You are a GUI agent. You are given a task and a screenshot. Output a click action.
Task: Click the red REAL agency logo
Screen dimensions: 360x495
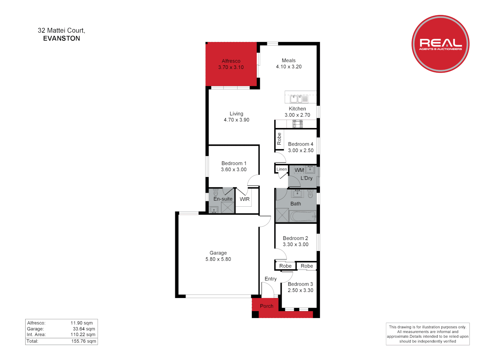click(x=440, y=44)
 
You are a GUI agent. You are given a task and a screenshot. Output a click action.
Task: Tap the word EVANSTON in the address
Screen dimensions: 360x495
click(x=62, y=38)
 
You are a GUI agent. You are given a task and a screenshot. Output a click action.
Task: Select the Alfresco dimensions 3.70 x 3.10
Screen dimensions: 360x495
click(x=231, y=67)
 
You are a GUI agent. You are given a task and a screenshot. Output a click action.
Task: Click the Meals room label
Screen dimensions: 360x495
click(x=289, y=60)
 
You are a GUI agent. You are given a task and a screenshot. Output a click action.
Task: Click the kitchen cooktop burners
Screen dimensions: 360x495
click(x=298, y=124)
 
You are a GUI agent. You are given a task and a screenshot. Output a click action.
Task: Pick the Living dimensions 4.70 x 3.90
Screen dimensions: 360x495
click(x=236, y=120)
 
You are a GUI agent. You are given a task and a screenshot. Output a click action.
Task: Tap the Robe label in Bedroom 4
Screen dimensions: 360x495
click(x=279, y=139)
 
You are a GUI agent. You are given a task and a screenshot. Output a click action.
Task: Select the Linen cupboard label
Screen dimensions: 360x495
click(x=282, y=169)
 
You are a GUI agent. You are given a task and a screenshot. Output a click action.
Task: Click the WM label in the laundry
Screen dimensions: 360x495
click(x=299, y=170)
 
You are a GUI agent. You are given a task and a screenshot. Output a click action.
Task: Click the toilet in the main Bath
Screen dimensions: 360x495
click(x=310, y=193)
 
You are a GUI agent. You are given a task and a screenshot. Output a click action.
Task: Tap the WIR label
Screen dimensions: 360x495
click(x=244, y=199)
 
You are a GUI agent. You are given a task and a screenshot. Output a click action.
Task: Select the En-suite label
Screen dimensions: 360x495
click(x=223, y=199)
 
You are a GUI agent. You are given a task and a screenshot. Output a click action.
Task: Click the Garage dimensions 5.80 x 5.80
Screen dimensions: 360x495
click(x=218, y=259)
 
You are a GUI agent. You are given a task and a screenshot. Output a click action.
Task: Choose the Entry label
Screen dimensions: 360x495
click(x=271, y=279)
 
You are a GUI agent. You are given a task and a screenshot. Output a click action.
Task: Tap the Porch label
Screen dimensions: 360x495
click(x=267, y=306)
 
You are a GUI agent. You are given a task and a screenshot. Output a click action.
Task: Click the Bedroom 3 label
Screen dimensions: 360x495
click(x=300, y=284)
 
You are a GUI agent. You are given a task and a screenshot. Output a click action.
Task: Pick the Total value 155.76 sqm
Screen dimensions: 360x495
click(x=84, y=341)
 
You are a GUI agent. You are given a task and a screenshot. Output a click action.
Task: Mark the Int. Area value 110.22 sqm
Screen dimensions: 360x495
click(x=83, y=334)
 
